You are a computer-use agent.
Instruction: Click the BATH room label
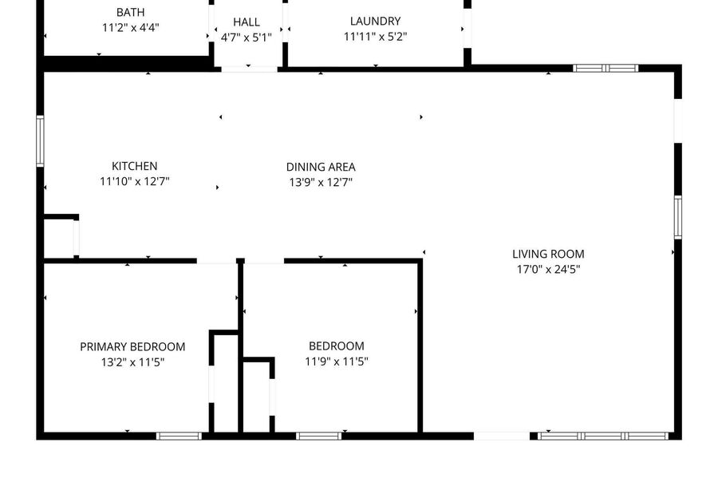(131, 12)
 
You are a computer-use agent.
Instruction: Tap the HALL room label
(247, 22)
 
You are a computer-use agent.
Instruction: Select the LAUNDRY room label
(376, 21)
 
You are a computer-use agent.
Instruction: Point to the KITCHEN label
(135, 166)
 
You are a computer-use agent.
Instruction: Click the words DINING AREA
(321, 167)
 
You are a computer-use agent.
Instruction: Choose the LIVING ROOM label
(548, 254)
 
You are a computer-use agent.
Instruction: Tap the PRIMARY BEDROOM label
(132, 346)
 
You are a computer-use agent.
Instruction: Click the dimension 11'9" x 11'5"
(337, 361)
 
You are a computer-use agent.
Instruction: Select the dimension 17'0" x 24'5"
(548, 269)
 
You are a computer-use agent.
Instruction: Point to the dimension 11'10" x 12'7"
(135, 181)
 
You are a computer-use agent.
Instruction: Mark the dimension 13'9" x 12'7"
(321, 182)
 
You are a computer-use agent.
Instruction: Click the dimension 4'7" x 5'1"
(247, 37)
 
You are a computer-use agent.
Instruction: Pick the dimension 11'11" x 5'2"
(376, 36)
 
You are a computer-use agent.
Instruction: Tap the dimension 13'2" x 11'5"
(132, 362)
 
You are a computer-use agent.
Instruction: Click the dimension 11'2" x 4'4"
(131, 27)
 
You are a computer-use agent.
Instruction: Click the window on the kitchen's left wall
(41, 141)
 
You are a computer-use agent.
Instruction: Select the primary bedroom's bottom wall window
(179, 436)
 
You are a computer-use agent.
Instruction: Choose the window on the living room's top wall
(606, 68)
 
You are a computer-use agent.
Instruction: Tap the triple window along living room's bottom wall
(602, 436)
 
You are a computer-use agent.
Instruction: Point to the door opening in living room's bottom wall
(502, 436)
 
